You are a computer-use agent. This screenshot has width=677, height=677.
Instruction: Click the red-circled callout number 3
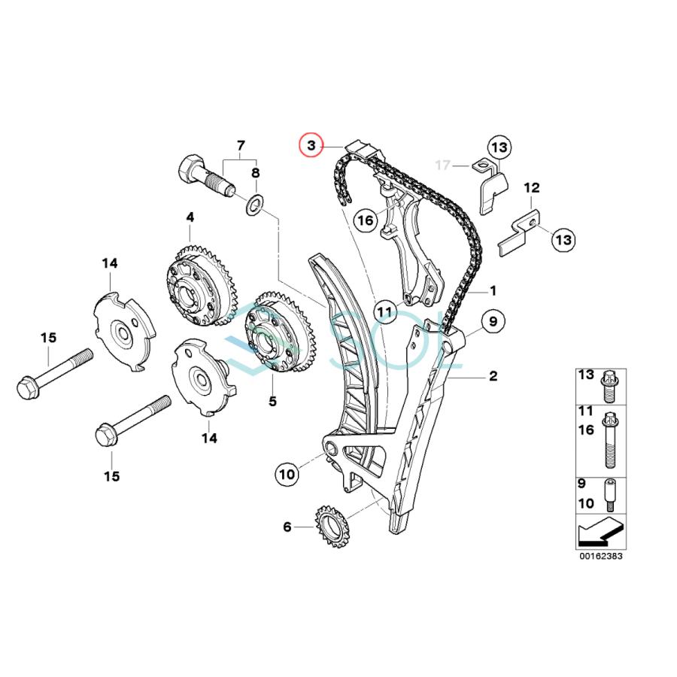(x=310, y=144)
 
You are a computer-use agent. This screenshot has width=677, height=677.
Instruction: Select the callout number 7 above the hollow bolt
(x=241, y=144)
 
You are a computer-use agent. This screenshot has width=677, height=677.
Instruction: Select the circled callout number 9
(x=493, y=323)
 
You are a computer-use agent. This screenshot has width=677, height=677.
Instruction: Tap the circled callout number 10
(x=287, y=474)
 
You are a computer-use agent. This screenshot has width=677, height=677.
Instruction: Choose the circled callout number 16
(x=365, y=221)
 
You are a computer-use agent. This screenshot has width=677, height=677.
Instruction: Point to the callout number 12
(x=532, y=187)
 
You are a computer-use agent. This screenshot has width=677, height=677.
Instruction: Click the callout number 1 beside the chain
(x=493, y=290)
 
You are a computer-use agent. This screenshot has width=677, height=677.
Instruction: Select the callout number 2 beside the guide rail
(x=493, y=375)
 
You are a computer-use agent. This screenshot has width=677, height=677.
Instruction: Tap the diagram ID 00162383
(x=601, y=557)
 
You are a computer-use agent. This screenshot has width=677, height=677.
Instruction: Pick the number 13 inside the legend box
(x=585, y=375)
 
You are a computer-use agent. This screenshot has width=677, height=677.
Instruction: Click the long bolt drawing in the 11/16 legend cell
(x=610, y=441)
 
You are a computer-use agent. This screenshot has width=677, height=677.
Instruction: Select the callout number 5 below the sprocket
(x=272, y=402)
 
